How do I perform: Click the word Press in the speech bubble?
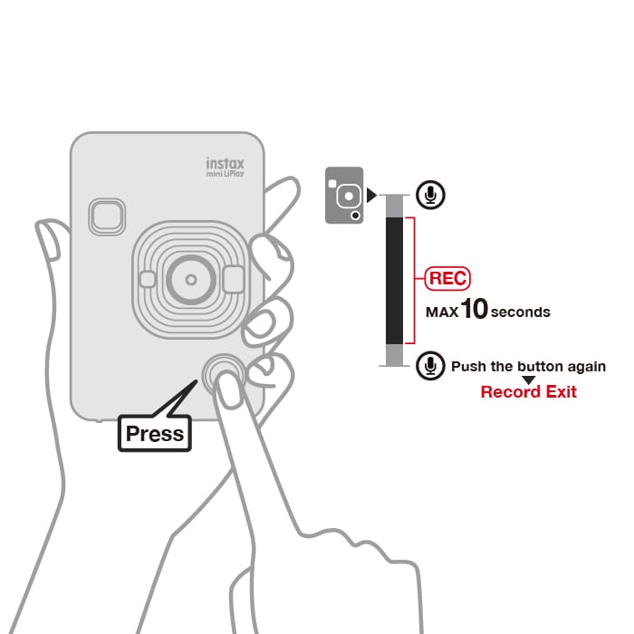(155, 434)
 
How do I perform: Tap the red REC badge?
(447, 278)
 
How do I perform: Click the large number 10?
(474, 309)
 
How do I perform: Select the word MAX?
(442, 312)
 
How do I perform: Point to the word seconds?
(521, 312)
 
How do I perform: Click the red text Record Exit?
(528, 392)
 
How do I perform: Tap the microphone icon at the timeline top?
(430, 195)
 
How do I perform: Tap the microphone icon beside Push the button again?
(430, 366)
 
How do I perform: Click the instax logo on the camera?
(226, 163)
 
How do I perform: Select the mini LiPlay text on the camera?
(226, 174)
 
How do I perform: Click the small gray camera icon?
(344, 195)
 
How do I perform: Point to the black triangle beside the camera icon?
(371, 195)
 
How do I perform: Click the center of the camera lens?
(191, 279)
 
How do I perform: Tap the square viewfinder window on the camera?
(107, 216)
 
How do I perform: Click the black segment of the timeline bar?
(394, 281)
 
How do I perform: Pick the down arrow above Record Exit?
(528, 380)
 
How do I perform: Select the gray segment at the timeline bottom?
(394, 355)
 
